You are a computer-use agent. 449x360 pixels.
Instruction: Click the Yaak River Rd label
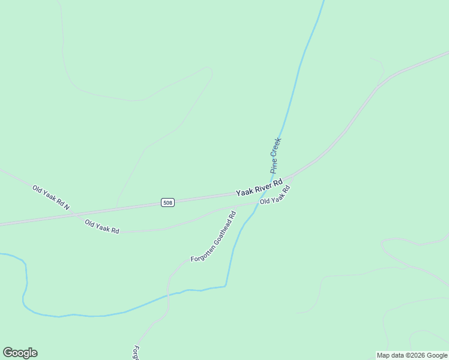tap(259, 187)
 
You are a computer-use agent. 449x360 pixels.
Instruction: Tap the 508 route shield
tap(167, 203)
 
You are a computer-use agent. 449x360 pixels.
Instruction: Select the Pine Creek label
tap(276, 155)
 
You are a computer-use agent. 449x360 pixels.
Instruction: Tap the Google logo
tap(20, 353)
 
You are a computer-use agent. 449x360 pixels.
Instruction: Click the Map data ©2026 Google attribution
tap(412, 355)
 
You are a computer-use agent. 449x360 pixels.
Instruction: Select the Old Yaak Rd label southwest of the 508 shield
tap(102, 227)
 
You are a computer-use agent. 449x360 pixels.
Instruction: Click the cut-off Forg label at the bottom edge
tap(136, 353)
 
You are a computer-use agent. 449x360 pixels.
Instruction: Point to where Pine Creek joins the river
tap(226, 286)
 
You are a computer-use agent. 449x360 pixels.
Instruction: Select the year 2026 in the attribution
tap(418, 355)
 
